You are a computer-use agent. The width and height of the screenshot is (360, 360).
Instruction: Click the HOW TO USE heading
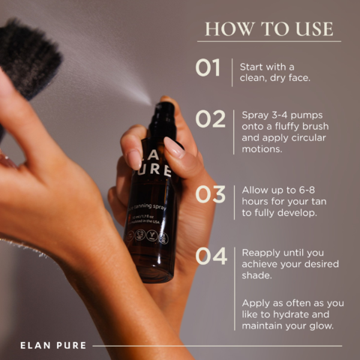(x=268, y=28)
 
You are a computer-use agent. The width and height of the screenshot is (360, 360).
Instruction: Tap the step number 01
(x=208, y=68)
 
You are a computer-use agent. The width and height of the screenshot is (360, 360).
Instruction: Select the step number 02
(x=210, y=119)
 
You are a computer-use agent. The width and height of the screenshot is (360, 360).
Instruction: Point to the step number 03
(x=210, y=193)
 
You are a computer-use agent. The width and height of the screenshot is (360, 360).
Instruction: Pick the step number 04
(x=211, y=256)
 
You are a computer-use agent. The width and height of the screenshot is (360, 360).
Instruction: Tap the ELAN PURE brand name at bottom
(x=53, y=346)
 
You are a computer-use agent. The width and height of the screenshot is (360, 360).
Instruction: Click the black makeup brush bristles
(x=30, y=56)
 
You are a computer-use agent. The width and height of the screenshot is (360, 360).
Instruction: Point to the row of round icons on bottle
(x=146, y=235)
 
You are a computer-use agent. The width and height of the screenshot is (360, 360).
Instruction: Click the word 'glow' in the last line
(x=323, y=327)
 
